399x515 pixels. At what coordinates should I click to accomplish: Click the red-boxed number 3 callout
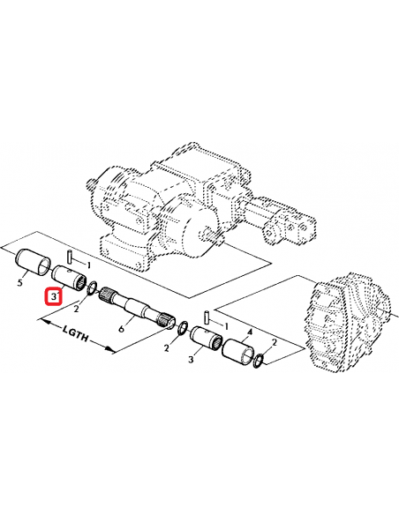click(x=54, y=296)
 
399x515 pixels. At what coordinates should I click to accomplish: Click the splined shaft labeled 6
click(x=136, y=310)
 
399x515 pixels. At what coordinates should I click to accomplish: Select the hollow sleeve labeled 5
click(x=34, y=262)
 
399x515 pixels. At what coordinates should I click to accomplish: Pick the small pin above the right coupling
click(x=205, y=315)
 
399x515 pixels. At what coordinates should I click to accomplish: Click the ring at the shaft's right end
click(x=182, y=329)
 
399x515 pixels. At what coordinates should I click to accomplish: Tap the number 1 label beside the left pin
click(x=87, y=264)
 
